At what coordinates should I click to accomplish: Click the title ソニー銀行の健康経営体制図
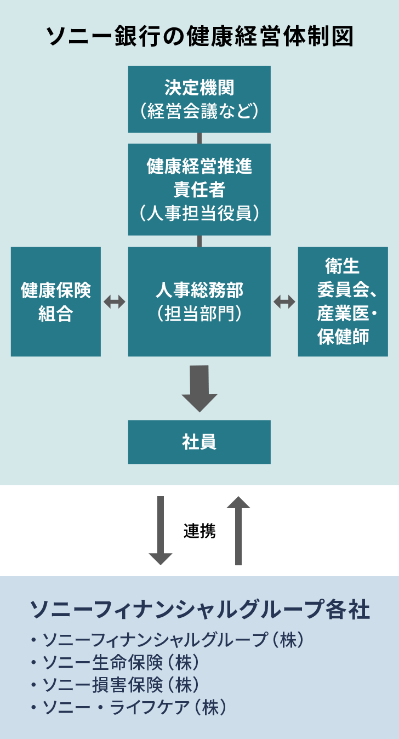pyautogui.click(x=200, y=37)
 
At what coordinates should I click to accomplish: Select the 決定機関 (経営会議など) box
pyautogui.click(x=200, y=99)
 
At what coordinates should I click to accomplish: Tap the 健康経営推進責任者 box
pyautogui.click(x=200, y=189)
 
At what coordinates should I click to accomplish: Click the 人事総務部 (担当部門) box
pyautogui.click(x=200, y=302)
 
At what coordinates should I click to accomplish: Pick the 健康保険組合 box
pyautogui.click(x=56, y=302)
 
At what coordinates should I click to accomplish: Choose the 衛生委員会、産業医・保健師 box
pyautogui.click(x=343, y=302)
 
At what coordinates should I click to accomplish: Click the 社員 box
pyautogui.click(x=200, y=442)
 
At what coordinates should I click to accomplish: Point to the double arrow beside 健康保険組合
pyautogui.click(x=115, y=302)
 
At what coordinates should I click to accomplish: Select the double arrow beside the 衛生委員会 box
pyautogui.click(x=284, y=302)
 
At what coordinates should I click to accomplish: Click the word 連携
pyautogui.click(x=200, y=531)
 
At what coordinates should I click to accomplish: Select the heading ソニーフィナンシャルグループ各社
pyautogui.click(x=200, y=610)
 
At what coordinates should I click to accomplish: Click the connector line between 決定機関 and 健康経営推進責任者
pyautogui.click(x=200, y=138)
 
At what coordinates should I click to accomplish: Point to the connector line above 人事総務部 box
pyautogui.click(x=200, y=241)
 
